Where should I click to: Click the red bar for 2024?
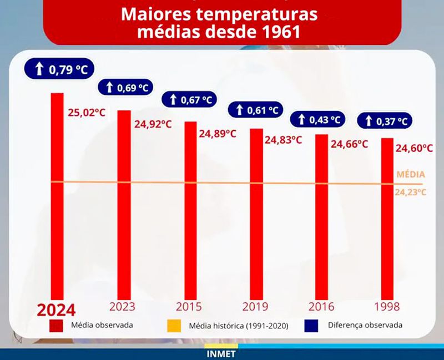[x=57, y=194]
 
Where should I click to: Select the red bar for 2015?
[x=190, y=211]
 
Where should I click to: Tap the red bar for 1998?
[x=387, y=216]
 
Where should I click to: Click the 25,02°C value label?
[x=87, y=113]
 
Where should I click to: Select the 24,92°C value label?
[x=153, y=123]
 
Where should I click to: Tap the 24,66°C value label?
[x=350, y=144]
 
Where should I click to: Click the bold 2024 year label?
[x=56, y=309]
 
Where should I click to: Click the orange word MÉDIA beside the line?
[x=411, y=175]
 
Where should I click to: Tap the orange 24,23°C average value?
[x=411, y=192]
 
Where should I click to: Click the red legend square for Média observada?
[x=56, y=325]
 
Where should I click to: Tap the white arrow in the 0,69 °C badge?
[x=109, y=88]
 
